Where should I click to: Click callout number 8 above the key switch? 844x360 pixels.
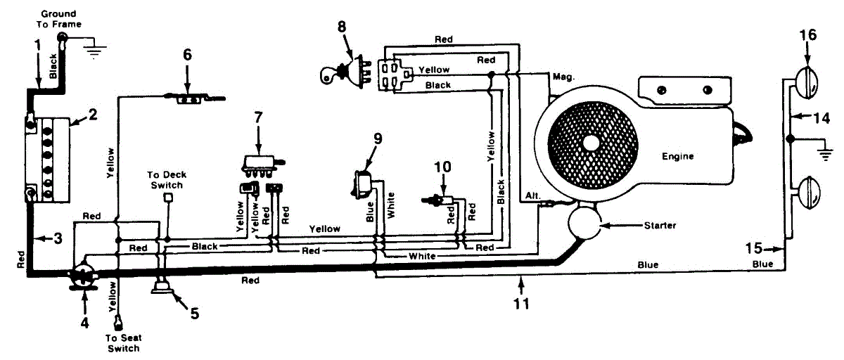[342, 27]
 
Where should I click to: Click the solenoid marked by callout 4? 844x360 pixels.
[84, 274]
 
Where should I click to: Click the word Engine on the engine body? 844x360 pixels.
[677, 156]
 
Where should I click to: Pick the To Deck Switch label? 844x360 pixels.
[165, 179]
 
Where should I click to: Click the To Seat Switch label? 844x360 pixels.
[123, 343]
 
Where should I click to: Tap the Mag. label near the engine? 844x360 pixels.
[565, 77]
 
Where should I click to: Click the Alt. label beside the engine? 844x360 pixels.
[531, 194]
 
